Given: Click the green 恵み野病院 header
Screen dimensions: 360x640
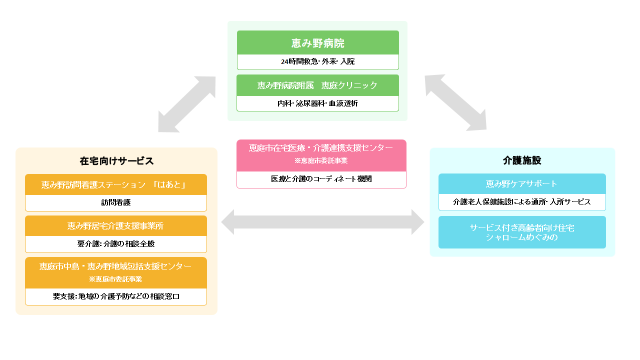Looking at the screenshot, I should click(x=317, y=43).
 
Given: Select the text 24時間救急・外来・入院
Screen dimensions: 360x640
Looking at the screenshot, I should click(x=317, y=62).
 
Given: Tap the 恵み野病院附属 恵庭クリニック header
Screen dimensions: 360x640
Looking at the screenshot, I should click(x=317, y=85).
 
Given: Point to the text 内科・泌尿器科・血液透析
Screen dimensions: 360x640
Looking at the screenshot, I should click(x=317, y=103).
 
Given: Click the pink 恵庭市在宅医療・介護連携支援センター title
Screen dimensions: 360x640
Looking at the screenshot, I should click(x=321, y=148).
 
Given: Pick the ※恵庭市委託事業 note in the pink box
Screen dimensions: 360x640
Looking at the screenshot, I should click(x=321, y=161).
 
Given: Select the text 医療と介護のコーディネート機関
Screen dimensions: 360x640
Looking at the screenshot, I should click(x=321, y=179).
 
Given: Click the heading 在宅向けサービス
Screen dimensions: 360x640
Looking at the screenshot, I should click(x=116, y=161).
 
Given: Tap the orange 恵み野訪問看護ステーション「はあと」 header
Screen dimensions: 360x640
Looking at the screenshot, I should click(x=116, y=185).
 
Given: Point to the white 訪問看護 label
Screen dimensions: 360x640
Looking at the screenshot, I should click(x=116, y=202).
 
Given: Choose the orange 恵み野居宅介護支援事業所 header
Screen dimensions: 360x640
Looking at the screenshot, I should click(x=116, y=226).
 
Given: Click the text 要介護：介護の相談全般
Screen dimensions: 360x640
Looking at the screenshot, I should click(x=116, y=244).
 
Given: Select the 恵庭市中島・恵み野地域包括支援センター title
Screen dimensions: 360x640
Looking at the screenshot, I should click(x=116, y=266).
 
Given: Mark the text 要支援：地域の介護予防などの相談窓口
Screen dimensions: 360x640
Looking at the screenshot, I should click(x=116, y=296).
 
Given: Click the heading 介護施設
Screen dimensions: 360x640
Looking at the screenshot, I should click(x=522, y=161).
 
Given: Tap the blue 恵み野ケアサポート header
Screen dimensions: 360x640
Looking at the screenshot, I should click(x=522, y=184).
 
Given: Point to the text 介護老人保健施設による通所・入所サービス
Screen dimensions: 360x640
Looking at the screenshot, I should click(x=522, y=202).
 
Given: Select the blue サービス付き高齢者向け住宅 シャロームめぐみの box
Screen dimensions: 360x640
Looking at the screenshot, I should click(x=522, y=232).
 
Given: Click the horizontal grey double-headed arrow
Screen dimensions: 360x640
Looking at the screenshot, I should click(x=322, y=222).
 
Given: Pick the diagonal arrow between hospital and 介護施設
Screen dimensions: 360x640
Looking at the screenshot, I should click(x=455, y=102).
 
